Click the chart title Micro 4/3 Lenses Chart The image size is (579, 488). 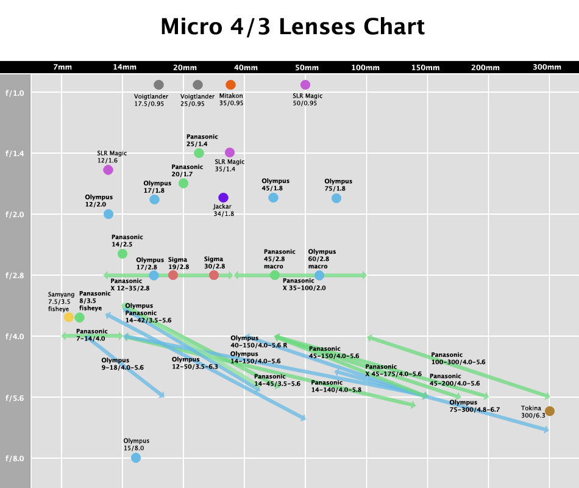pos(293,27)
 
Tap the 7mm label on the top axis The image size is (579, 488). pos(62,67)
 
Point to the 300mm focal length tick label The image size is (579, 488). pos(547,67)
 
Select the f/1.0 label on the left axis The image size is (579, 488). pos(15,93)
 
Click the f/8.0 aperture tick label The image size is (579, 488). pos(15,459)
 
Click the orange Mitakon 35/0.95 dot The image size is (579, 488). pos(230,85)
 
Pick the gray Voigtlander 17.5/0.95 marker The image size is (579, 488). pos(159,85)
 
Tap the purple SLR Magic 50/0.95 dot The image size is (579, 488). pos(305,85)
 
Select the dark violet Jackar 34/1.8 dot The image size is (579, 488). pos(223,198)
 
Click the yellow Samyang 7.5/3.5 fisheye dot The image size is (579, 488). pos(69,317)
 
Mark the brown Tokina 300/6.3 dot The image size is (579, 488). pos(550,411)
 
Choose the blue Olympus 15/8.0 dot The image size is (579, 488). pos(136,457)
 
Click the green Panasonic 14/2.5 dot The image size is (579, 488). pos(123,254)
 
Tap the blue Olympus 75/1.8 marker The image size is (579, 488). pos(336,198)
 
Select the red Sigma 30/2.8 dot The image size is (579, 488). pos(214,275)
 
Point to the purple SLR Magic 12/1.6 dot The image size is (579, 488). pos(108,170)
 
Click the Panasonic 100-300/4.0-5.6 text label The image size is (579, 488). pos(458,358)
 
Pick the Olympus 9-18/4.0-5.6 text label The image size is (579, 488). pos(123,364)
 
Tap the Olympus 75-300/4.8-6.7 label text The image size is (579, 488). pos(475,406)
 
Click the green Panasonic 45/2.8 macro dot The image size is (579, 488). pos(274,275)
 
